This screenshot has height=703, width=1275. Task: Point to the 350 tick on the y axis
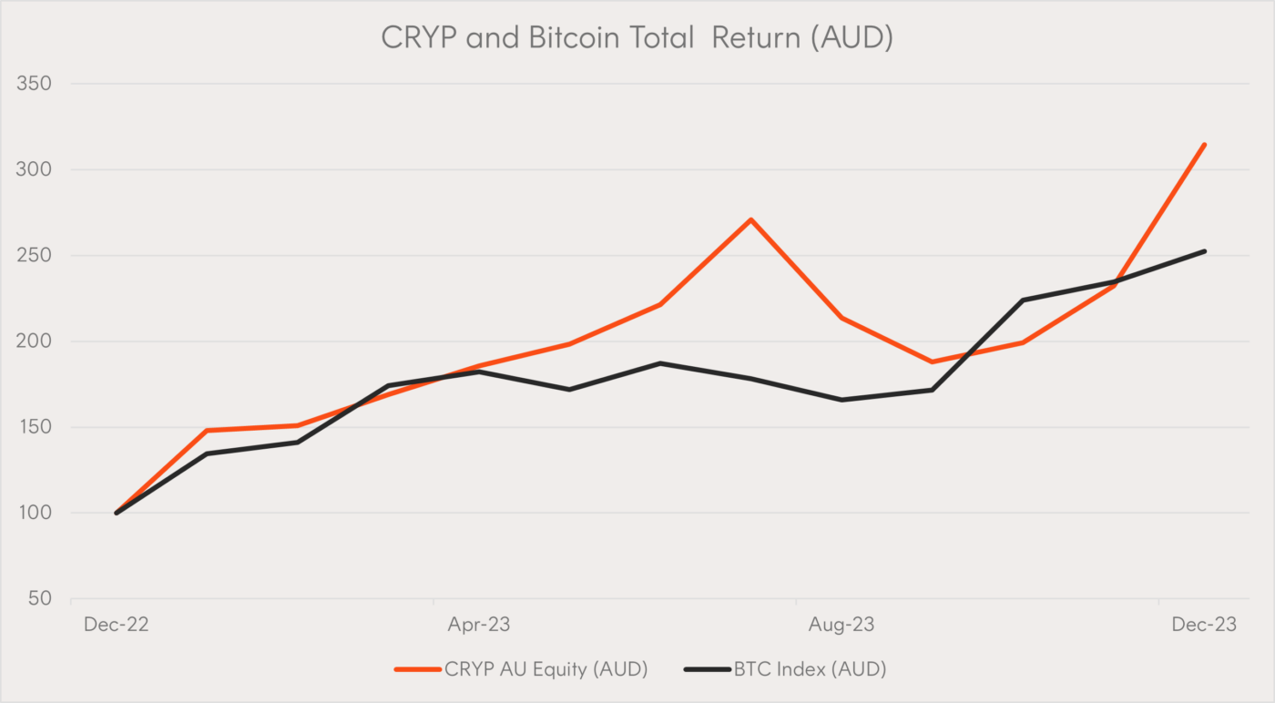click(33, 84)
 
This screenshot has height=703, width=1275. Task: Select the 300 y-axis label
click(33, 169)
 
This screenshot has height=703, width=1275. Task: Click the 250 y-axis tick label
click(33, 256)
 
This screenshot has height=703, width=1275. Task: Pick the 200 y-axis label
click(33, 341)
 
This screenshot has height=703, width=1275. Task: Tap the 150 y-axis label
click(33, 427)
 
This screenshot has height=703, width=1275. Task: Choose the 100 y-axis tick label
click(33, 514)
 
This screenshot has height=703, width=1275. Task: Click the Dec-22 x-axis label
click(116, 625)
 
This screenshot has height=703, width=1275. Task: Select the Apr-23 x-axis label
click(478, 625)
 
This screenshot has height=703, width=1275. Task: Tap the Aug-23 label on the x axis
click(841, 625)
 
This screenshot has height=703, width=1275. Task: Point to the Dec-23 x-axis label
click(1204, 625)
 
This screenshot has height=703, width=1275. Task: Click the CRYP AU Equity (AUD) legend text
click(546, 669)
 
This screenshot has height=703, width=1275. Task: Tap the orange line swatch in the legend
click(416, 669)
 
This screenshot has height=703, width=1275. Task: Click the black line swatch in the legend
click(706, 669)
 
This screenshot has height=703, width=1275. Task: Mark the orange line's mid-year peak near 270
click(750, 219)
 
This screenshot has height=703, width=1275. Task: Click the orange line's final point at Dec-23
click(1204, 144)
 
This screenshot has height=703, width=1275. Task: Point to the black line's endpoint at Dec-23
click(1204, 251)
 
